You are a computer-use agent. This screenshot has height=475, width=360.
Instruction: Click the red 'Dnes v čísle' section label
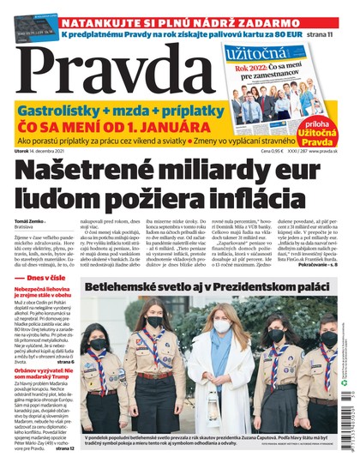click(x=43, y=302)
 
